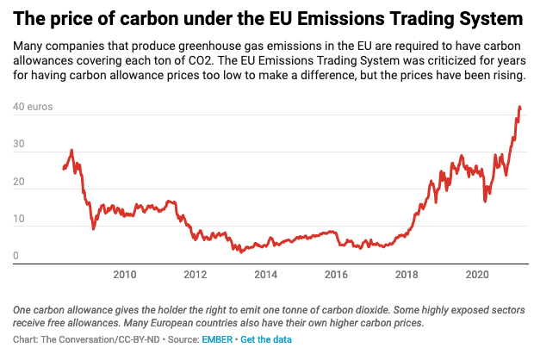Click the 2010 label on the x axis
(x=125, y=275)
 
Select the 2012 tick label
(x=196, y=275)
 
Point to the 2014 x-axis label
(x=265, y=275)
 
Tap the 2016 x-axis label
(x=336, y=275)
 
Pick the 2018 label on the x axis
(x=406, y=275)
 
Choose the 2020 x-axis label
(x=476, y=275)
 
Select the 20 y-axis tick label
(x=18, y=183)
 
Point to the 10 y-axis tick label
(x=18, y=220)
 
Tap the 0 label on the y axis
(x=16, y=255)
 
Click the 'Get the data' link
(x=266, y=340)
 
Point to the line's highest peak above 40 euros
(x=519, y=107)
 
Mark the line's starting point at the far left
(x=64, y=169)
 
